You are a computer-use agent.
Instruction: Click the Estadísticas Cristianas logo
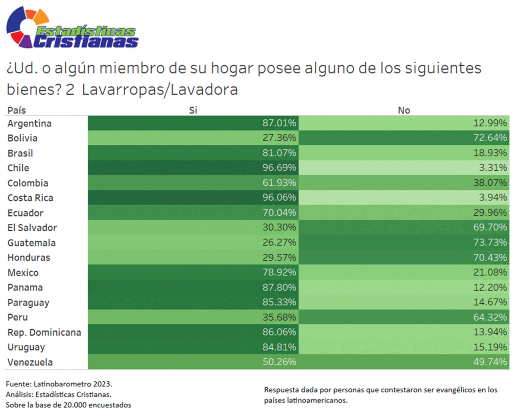click(72, 29)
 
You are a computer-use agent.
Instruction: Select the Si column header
click(193, 110)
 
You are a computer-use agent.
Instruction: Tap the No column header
click(403, 110)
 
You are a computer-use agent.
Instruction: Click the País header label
click(16, 110)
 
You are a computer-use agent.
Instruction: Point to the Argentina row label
click(30, 123)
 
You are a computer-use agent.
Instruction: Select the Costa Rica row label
click(31, 198)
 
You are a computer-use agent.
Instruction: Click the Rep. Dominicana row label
click(44, 333)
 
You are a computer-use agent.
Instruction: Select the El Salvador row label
click(32, 228)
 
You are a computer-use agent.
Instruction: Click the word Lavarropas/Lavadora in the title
click(160, 90)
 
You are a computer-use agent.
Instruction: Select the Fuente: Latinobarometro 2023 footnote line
click(59, 383)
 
